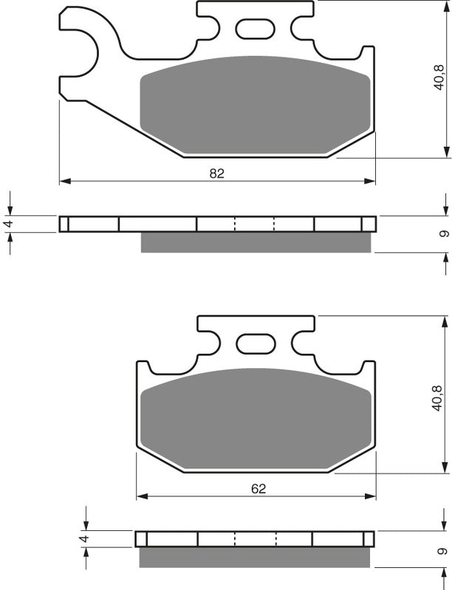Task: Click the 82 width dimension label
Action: click(216, 173)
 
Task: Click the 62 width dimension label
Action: click(258, 488)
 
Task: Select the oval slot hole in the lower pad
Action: click(255, 344)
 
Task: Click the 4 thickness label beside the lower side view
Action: click(86, 538)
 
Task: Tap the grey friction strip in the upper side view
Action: click(255, 242)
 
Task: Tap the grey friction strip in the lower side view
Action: click(255, 557)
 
